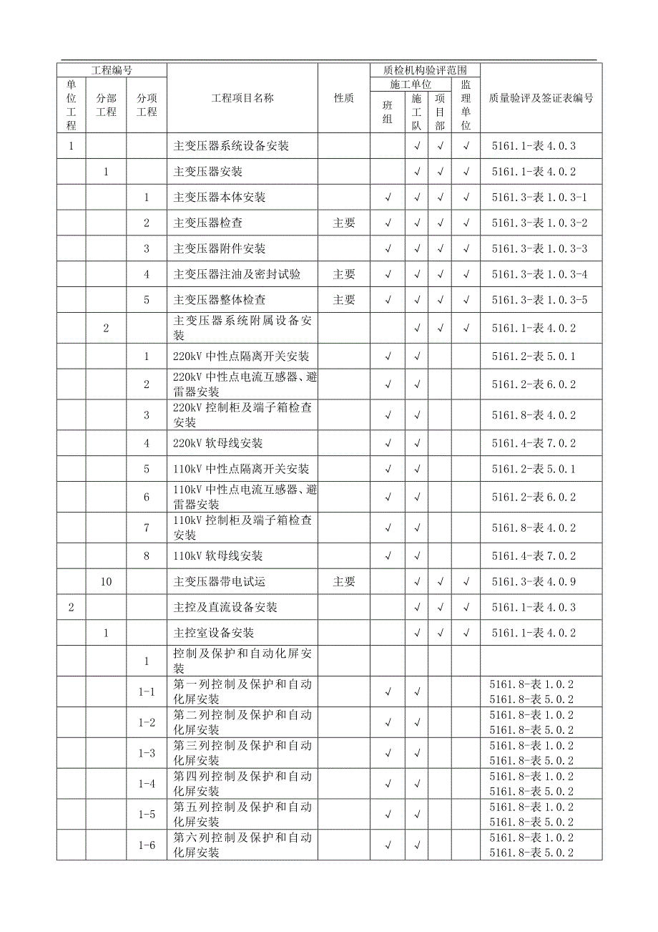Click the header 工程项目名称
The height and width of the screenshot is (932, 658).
(242, 99)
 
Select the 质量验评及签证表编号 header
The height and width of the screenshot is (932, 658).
(540, 99)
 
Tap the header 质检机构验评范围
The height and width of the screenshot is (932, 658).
(425, 70)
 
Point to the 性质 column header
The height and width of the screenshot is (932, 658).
(344, 99)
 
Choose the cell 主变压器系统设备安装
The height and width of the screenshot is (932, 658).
(231, 146)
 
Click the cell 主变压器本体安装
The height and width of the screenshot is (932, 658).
(220, 198)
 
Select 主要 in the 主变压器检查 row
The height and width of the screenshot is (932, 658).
(344, 223)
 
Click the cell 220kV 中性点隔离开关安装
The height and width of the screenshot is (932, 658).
(241, 356)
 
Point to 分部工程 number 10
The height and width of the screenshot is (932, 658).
(106, 582)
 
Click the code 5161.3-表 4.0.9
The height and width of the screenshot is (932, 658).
(534, 582)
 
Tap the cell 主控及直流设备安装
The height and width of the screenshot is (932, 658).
(225, 608)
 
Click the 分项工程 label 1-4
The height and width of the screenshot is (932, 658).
(147, 784)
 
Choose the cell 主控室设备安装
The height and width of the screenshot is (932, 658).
(214, 634)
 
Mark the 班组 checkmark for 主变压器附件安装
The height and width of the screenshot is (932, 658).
(388, 249)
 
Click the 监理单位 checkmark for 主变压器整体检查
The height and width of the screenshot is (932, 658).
(466, 300)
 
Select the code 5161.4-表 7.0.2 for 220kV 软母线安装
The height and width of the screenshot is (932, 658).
(534, 444)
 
